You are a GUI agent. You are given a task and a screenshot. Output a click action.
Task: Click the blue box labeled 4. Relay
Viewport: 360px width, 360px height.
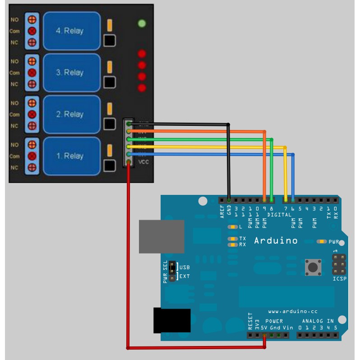coord(71,31)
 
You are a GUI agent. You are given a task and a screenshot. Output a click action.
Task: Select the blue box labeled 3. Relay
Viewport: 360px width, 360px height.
coord(71,72)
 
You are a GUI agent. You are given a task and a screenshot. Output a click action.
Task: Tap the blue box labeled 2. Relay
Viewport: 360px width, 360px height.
coord(71,114)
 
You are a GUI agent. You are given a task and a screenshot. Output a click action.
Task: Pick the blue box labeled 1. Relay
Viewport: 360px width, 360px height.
coord(71,156)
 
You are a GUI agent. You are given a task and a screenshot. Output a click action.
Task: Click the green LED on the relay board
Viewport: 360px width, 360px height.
coord(142,23)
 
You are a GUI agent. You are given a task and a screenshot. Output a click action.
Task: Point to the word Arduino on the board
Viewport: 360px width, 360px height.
coord(276,240)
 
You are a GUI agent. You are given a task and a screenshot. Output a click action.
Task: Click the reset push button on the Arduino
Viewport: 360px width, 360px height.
coord(313,267)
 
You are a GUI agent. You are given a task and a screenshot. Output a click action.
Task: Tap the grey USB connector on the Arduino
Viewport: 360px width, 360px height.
coord(162,236)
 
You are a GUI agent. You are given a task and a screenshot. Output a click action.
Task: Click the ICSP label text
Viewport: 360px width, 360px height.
coord(340,279)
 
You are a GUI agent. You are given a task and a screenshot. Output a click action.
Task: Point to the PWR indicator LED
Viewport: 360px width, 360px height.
coord(322,242)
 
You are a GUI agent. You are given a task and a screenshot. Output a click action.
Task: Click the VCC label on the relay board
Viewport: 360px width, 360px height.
coord(143,162)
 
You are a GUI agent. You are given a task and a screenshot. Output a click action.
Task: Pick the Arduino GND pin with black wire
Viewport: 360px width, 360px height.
coord(229,199)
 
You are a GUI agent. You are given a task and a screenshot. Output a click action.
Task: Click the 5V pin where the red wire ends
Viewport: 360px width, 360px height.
coord(264,335)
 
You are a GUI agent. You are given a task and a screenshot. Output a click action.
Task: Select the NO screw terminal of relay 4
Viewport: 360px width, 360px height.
coord(32,20)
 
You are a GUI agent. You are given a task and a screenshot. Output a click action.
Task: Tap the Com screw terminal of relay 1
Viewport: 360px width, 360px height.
coord(32,156)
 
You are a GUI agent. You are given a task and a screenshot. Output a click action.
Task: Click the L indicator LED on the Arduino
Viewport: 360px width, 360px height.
coord(233,227)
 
